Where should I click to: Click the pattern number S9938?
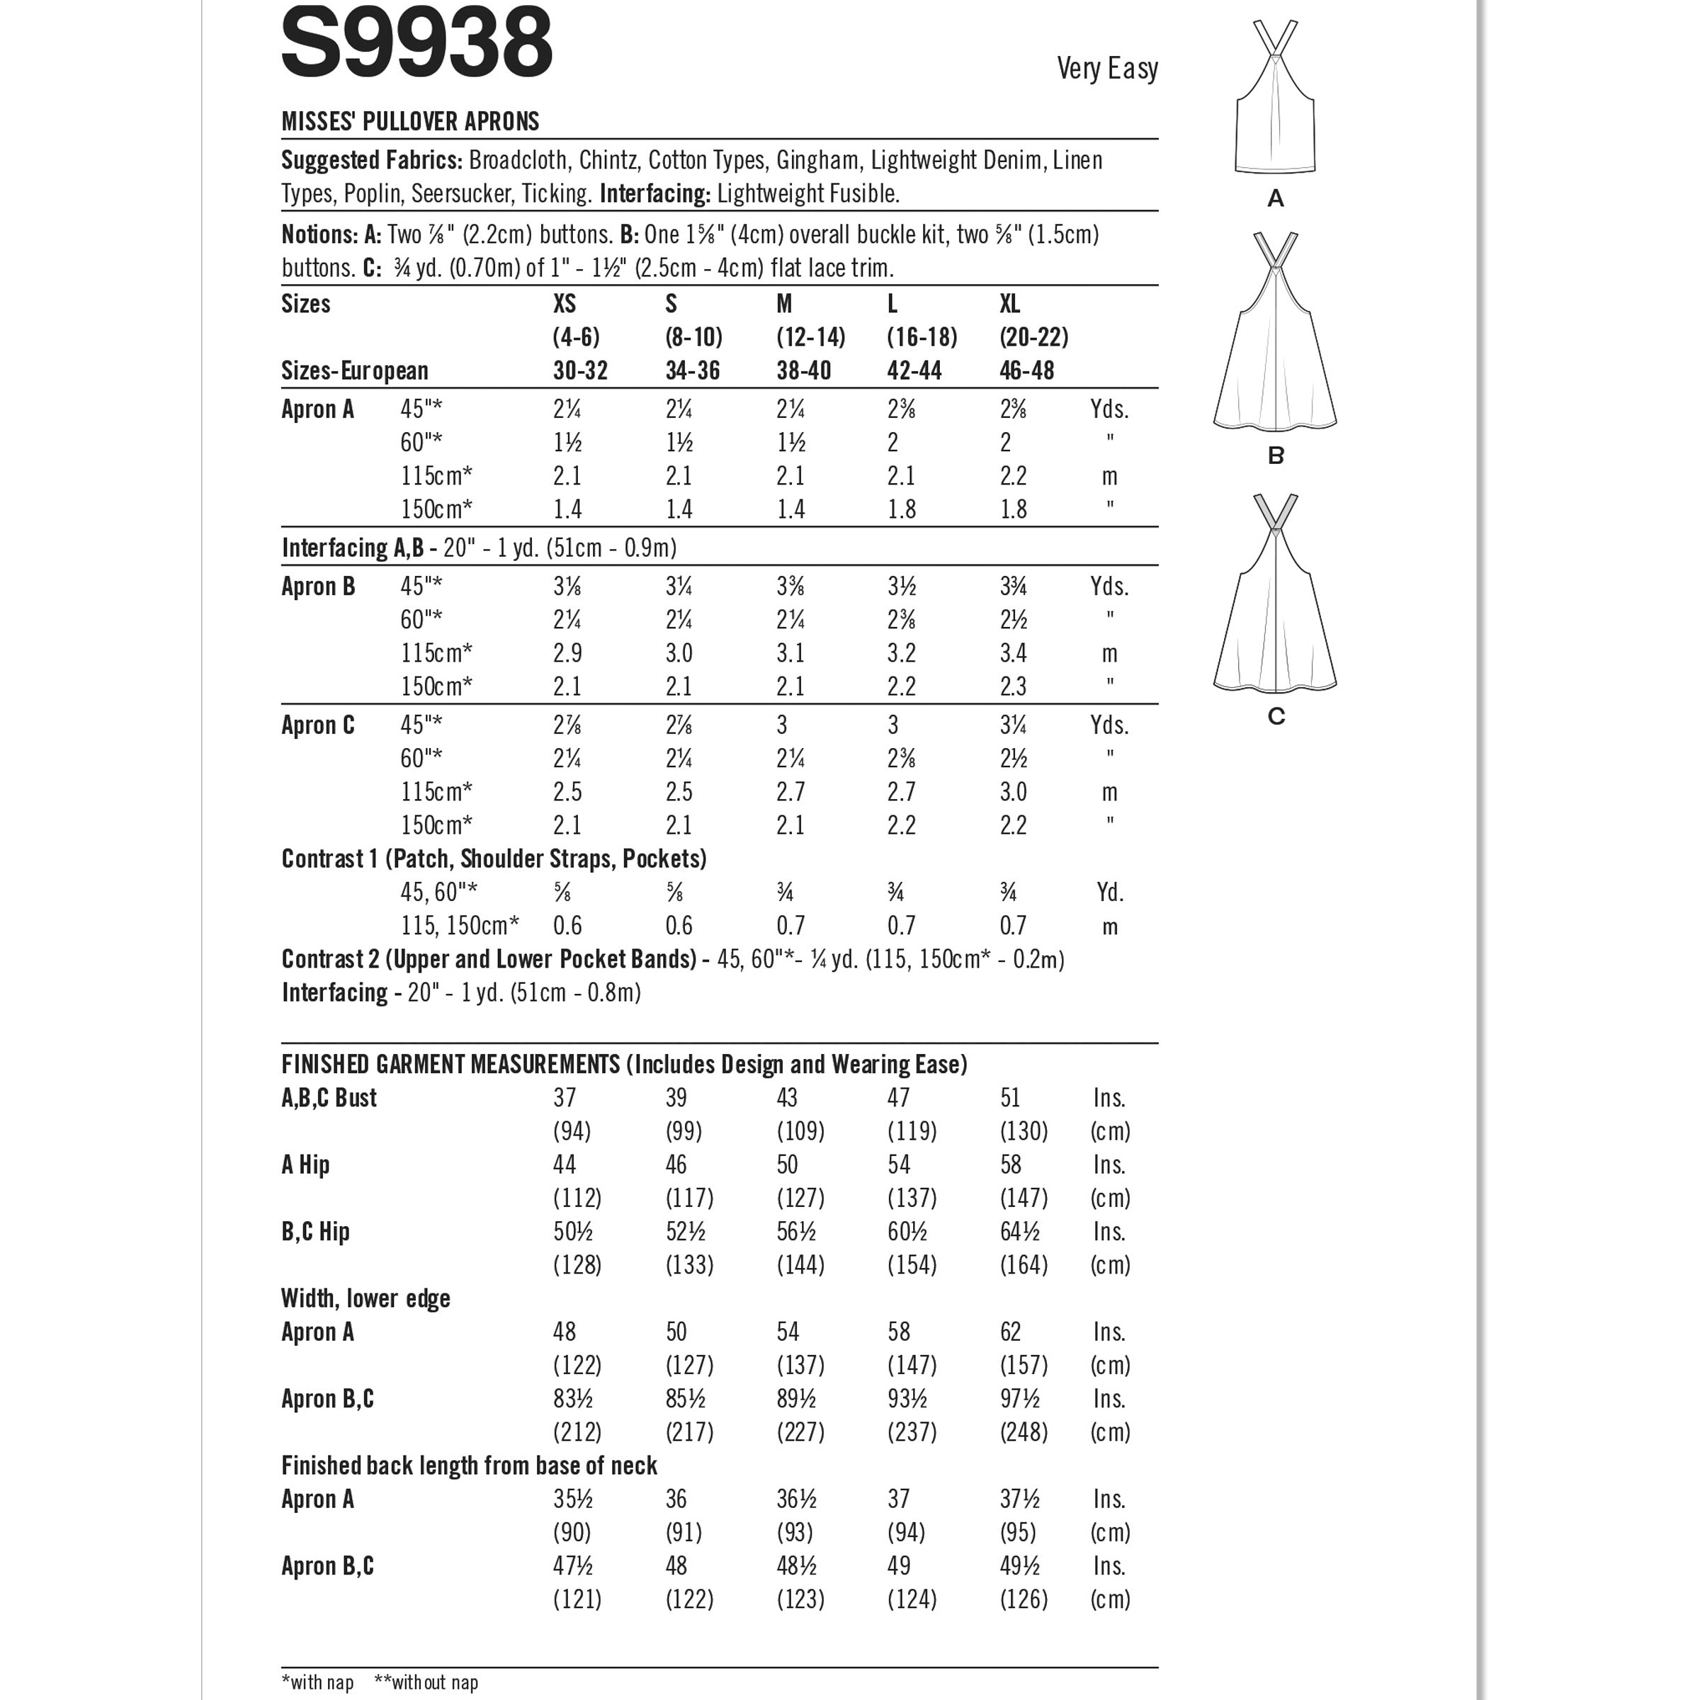[x=416, y=41]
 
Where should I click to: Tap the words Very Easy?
[x=1107, y=69]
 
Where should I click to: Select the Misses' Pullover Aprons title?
[x=410, y=121]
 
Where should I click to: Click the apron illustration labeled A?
[x=1275, y=98]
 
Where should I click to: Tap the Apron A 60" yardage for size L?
[x=893, y=443]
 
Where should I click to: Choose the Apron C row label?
[x=317, y=726]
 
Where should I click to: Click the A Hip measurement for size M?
[x=787, y=1165]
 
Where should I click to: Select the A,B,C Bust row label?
[x=329, y=1098]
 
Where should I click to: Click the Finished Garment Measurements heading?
[x=624, y=1065]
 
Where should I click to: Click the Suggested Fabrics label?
[x=371, y=161]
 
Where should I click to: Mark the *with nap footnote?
[x=317, y=1682]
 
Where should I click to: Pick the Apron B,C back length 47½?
[x=573, y=1566]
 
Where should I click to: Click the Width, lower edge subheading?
[x=365, y=1299]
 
